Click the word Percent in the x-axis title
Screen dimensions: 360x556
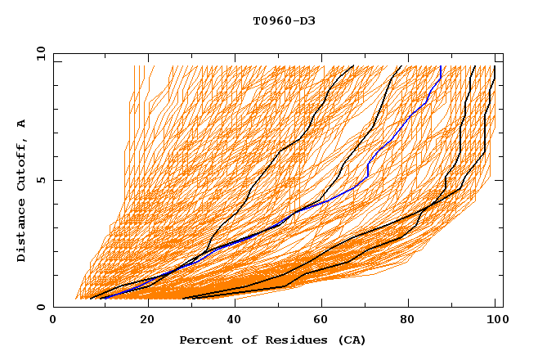(x=204, y=340)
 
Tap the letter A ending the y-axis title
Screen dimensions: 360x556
(x=22, y=124)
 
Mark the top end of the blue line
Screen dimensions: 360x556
(x=441, y=66)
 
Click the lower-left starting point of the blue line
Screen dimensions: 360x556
(x=104, y=298)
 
